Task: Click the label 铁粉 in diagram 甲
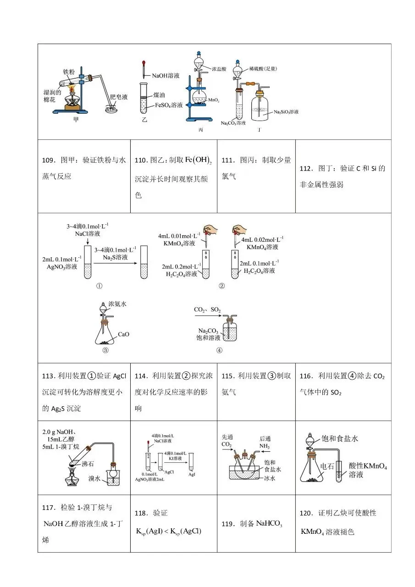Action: coord(68,72)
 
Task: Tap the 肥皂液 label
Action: coord(119,97)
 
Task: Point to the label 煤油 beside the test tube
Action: coord(159,95)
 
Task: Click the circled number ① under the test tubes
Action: coord(99,286)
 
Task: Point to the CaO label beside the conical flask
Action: coord(123,334)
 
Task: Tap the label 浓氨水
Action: coord(117,304)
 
